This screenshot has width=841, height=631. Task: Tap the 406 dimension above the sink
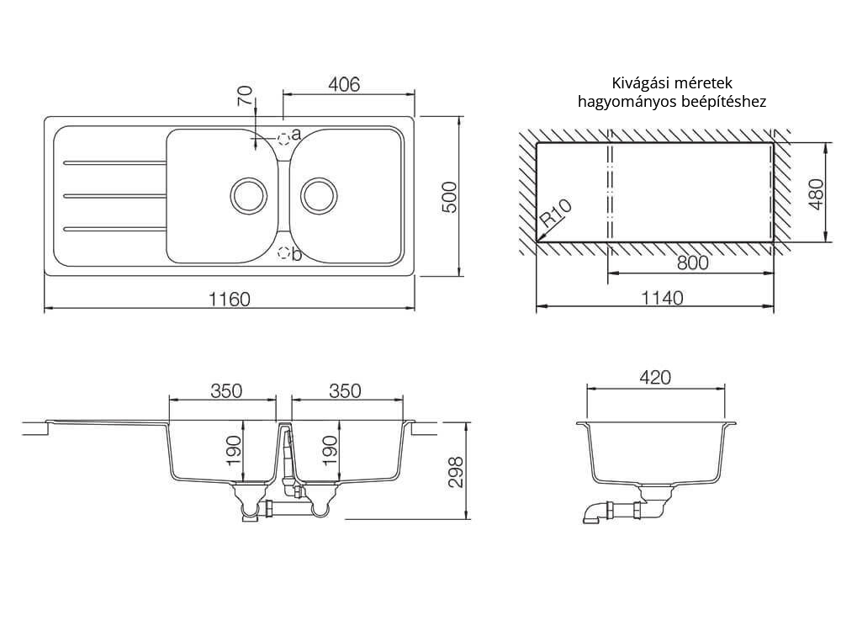[344, 84]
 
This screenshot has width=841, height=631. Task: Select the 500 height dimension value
[450, 197]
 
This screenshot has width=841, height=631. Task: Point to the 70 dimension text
[245, 97]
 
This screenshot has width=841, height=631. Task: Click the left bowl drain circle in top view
[248, 195]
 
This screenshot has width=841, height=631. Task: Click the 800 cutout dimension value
[692, 262]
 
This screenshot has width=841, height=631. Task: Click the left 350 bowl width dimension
[226, 390]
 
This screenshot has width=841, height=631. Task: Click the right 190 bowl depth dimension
[329, 451]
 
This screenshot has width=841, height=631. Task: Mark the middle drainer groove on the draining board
[114, 195]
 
